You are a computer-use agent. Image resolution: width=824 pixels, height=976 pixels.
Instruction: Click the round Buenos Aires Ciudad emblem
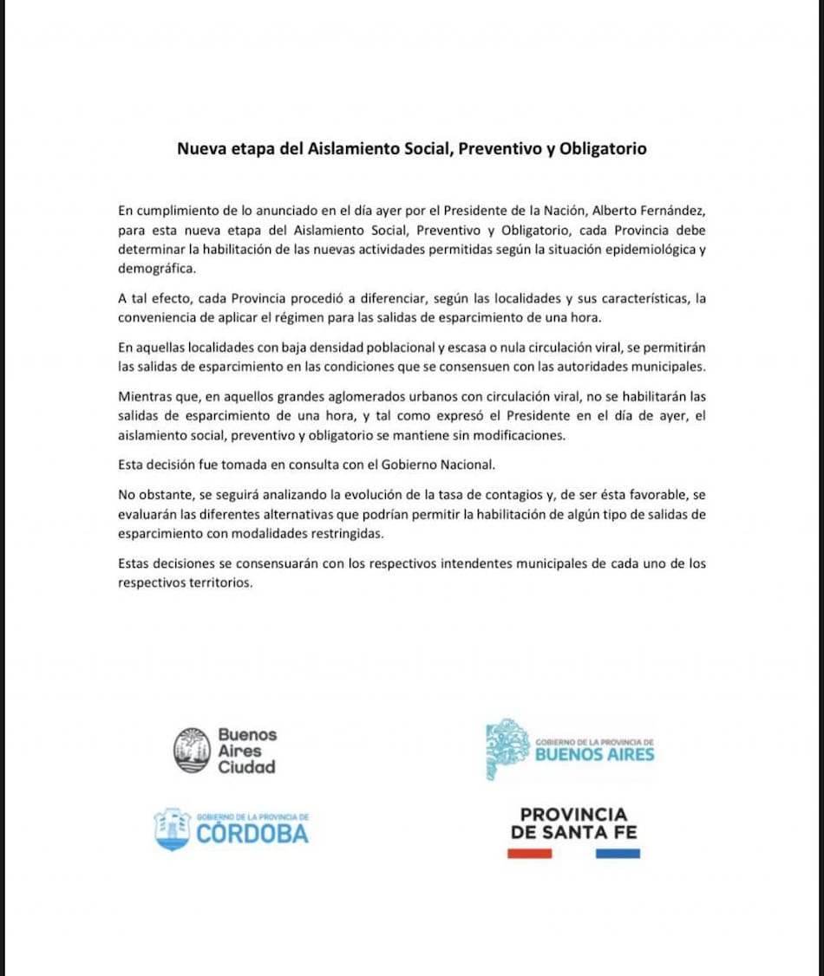click(192, 750)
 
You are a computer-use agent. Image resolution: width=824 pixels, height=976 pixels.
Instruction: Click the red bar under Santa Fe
click(529, 854)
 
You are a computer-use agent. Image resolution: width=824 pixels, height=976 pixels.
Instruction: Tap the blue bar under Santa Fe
click(618, 854)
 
